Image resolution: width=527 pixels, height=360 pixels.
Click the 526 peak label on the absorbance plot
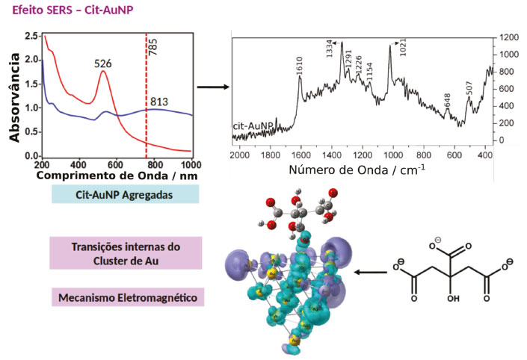(103, 63)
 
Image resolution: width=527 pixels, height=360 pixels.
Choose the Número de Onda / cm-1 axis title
(357, 170)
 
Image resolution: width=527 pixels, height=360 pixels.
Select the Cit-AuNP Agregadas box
(126, 194)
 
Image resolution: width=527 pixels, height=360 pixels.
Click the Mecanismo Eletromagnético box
(129, 297)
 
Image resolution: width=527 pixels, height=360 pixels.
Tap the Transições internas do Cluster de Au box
(126, 253)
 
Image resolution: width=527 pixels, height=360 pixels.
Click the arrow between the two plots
(212, 87)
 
